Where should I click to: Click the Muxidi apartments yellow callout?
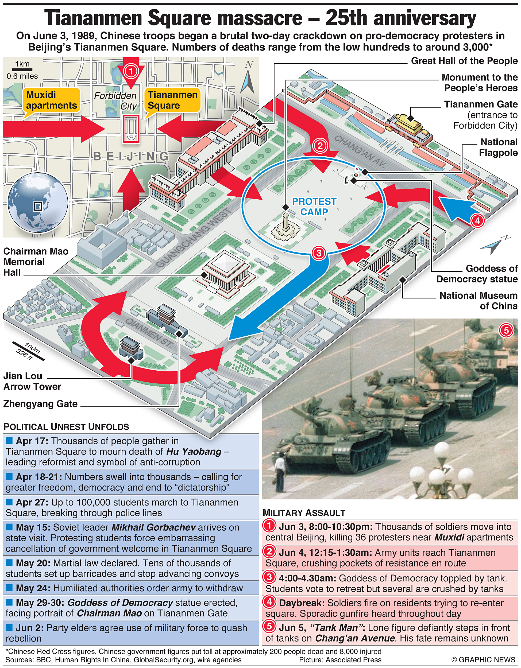[51, 100]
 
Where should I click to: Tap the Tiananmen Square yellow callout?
[172, 100]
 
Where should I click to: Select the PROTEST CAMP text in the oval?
[314, 207]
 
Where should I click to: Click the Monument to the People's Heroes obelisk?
[286, 225]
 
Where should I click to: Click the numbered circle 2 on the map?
[320, 146]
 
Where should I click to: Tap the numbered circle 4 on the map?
[477, 220]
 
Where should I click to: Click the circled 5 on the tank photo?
[506, 330]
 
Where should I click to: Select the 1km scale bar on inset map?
[22, 70]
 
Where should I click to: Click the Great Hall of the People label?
[464, 61]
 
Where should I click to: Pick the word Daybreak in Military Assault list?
[301, 603]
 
